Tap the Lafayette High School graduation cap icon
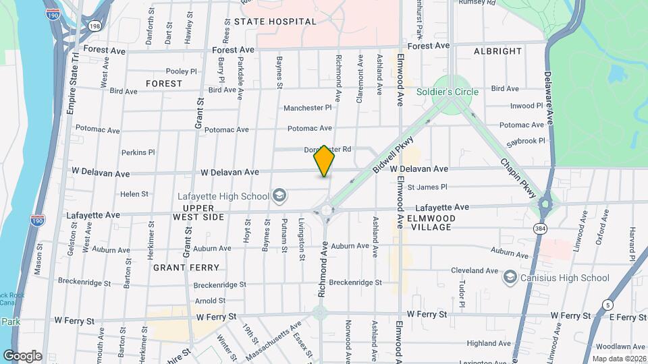click(x=279, y=196)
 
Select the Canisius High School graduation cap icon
click(x=510, y=278)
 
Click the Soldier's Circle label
click(x=447, y=92)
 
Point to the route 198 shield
click(x=94, y=26)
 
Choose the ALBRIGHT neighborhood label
click(x=497, y=51)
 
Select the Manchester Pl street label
click(x=308, y=107)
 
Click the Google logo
click(x=22, y=355)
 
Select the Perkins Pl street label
click(x=138, y=153)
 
